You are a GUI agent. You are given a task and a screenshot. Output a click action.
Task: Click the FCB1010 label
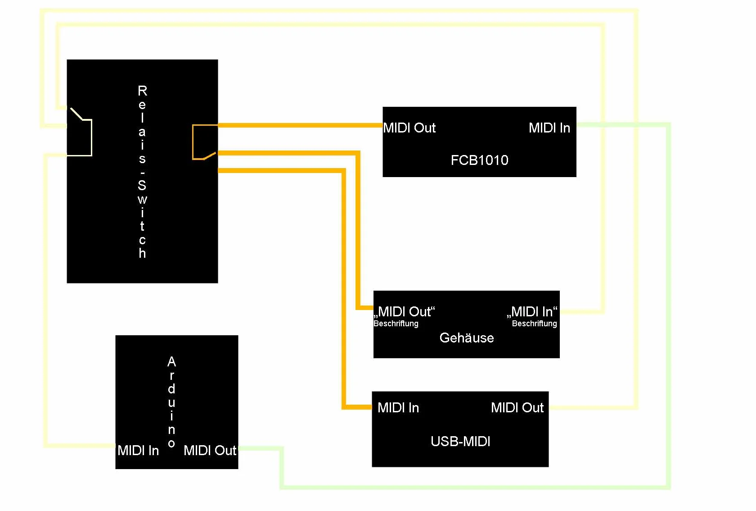coord(479,160)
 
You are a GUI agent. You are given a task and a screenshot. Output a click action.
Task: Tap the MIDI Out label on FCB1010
coord(409,128)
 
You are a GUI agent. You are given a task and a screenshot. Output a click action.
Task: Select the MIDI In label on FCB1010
coord(549,128)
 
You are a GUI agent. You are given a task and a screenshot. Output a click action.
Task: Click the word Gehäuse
coord(466,338)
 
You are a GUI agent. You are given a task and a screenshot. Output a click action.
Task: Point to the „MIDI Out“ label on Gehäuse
coord(405,311)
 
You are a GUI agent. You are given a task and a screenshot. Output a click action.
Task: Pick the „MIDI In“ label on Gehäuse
coord(532,311)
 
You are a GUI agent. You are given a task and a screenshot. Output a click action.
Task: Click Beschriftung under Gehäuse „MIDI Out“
coord(396,324)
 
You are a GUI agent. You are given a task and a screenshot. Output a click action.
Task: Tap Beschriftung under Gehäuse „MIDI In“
coord(534,324)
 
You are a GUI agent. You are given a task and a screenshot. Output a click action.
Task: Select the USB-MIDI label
coord(460,441)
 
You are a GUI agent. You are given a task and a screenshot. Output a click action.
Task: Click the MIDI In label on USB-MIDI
coord(398,408)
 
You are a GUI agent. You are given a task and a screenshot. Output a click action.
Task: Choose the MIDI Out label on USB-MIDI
coord(517,408)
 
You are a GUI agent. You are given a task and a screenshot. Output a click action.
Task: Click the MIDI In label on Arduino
coord(138,451)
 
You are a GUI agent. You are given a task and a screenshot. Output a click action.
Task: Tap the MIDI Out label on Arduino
coord(210,451)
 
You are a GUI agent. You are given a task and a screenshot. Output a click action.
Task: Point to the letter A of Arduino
coord(171,362)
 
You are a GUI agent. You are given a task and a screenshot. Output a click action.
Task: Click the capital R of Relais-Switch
coord(142,91)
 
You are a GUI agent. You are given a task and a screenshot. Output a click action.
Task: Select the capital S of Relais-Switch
coord(142,185)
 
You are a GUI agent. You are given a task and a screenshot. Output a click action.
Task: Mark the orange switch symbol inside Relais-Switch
coord(202,142)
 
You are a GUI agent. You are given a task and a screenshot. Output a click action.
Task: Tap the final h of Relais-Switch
coord(142,253)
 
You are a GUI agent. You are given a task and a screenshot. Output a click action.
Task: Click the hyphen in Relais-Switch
coord(142,173)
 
